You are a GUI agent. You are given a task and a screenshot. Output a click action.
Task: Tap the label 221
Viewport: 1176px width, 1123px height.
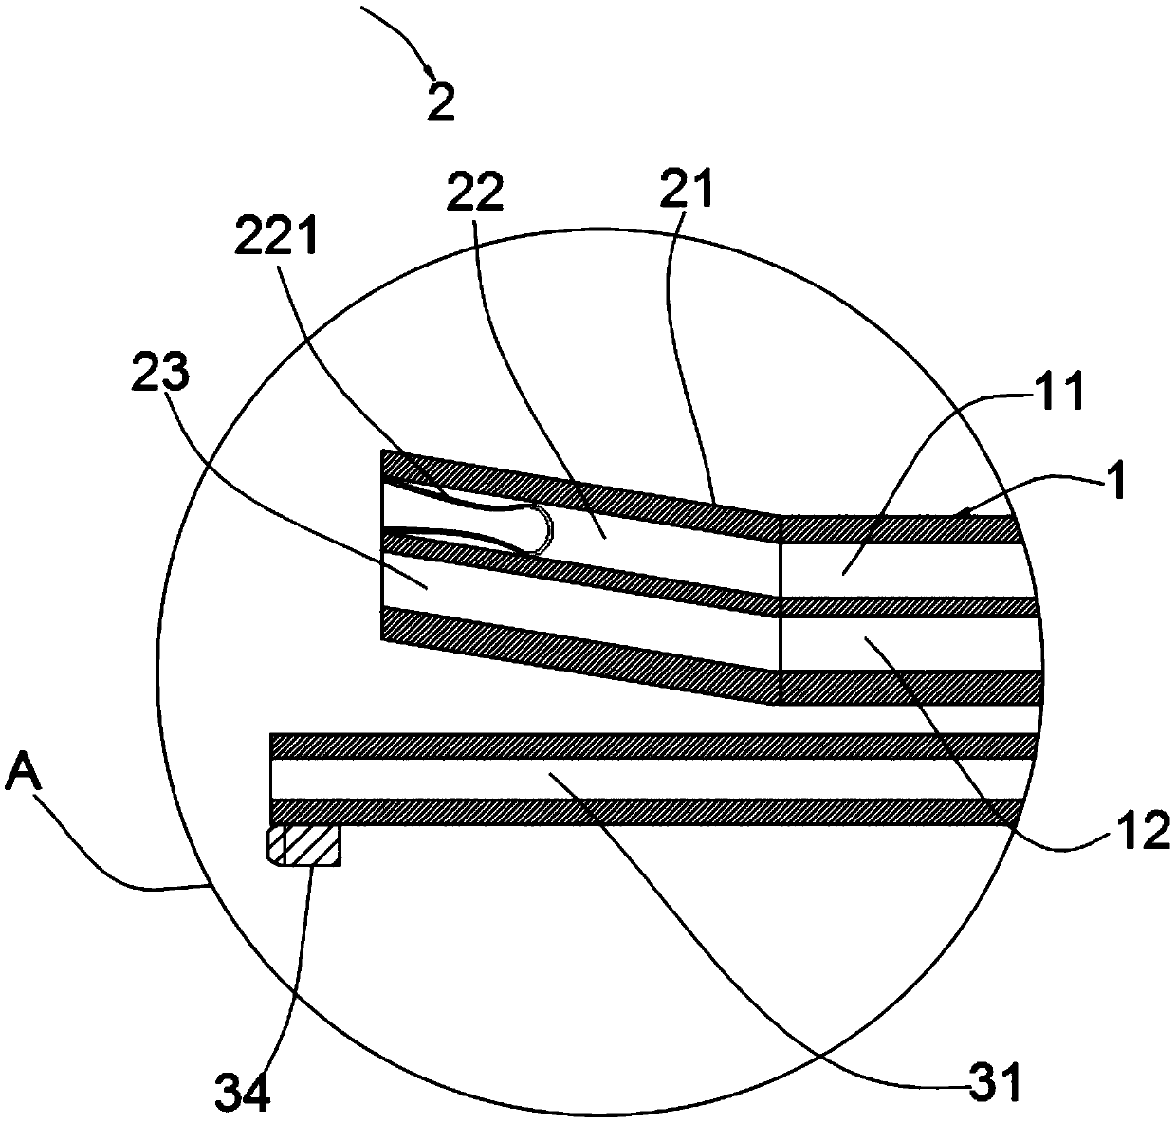coord(276,236)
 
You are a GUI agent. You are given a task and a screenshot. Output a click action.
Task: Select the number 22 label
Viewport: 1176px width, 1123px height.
coord(474,193)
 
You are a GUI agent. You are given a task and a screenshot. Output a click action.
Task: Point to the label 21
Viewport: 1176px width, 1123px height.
coord(688,188)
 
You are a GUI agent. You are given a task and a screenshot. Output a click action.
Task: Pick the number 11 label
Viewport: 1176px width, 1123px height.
coord(1060,392)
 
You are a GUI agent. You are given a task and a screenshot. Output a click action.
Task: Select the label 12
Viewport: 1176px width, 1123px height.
coord(1140,831)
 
